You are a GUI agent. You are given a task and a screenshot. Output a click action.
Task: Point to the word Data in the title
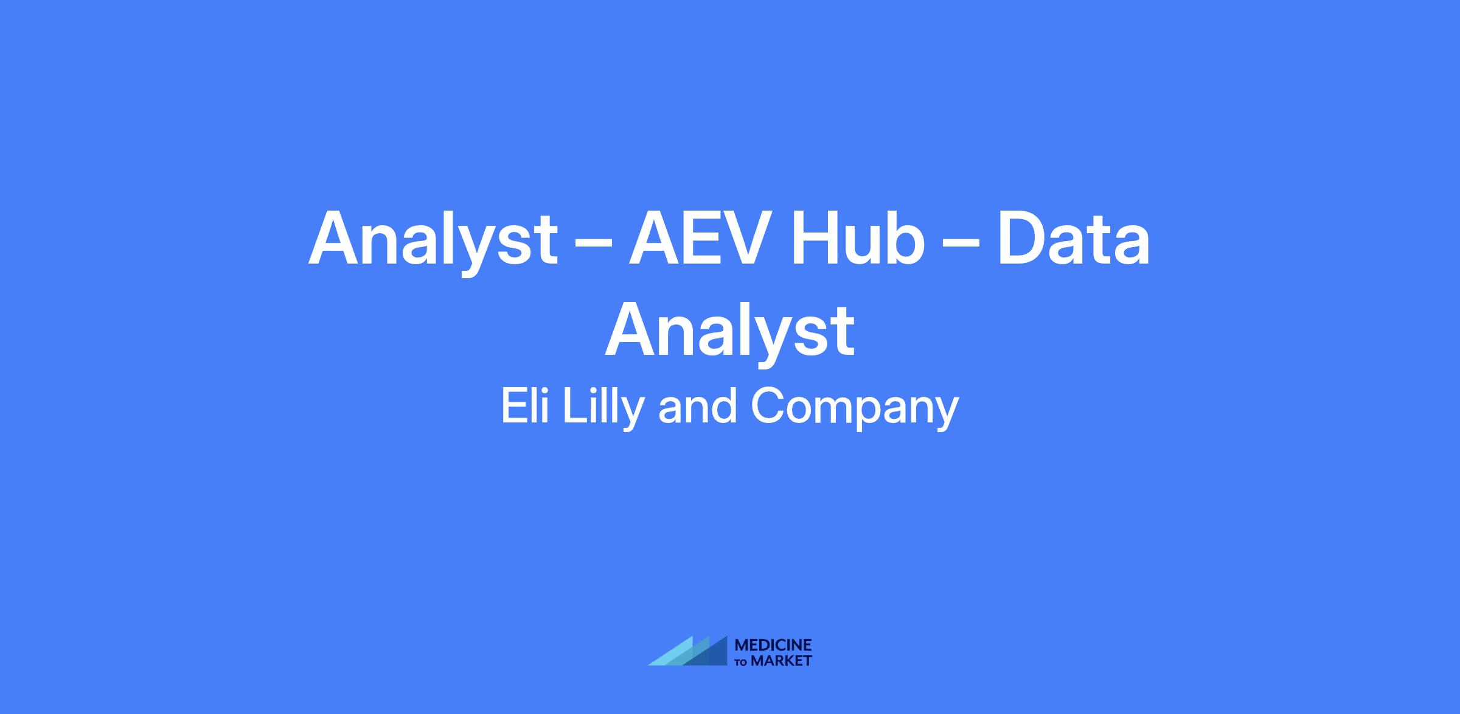tap(1074, 238)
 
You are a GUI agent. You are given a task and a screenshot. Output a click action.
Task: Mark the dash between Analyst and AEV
tap(593, 243)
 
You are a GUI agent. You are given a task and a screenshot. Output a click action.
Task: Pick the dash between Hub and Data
tap(961, 243)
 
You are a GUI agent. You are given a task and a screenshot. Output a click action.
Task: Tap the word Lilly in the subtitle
tap(603, 408)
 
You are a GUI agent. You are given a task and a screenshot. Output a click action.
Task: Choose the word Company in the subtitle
tap(855, 409)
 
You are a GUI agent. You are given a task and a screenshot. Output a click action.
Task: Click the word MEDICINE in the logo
tap(773, 645)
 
